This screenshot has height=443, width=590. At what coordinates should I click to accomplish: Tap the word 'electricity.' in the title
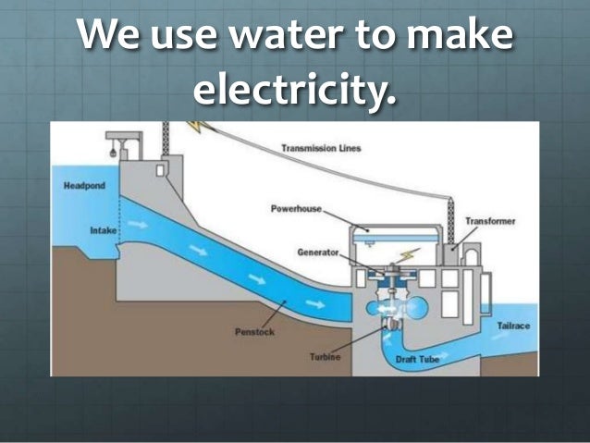click(294, 91)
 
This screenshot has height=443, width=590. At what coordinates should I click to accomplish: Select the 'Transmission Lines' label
click(321, 148)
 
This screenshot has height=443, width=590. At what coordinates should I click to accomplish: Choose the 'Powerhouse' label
click(295, 209)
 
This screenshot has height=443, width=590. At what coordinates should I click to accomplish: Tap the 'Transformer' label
click(490, 222)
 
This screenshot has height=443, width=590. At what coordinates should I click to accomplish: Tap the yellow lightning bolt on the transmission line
click(197, 128)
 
